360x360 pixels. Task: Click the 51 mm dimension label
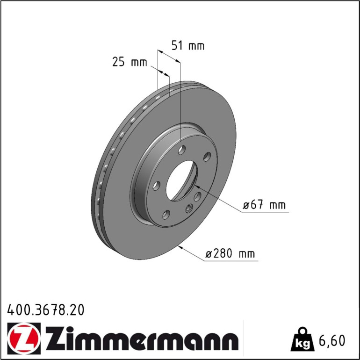tap(188, 46)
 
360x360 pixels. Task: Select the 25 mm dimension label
tap(130, 62)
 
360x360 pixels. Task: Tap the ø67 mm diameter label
tap(264, 205)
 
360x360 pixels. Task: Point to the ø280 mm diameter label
tap(230, 254)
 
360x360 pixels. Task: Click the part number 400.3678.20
tap(46, 310)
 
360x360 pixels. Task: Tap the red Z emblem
tap(24, 338)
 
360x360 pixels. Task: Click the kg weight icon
tap(302, 340)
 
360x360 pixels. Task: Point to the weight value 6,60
tap(331, 340)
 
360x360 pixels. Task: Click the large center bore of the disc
tap(181, 180)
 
